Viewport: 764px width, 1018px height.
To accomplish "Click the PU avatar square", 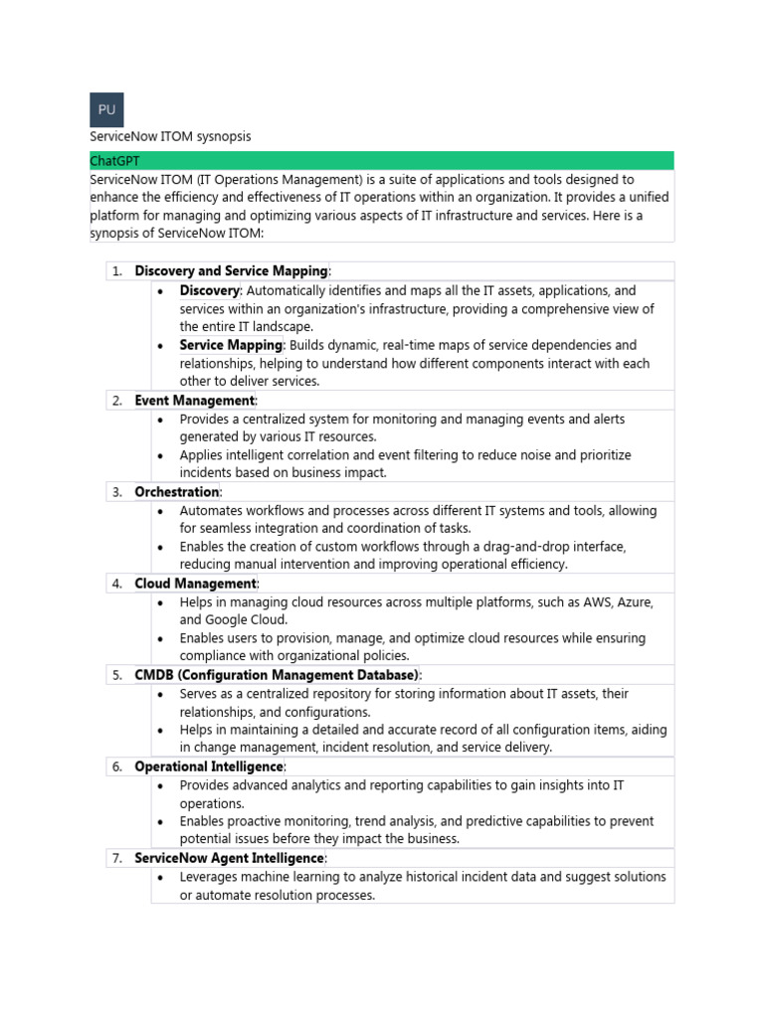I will tap(106, 109).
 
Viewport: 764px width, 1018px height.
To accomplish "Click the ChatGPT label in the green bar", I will tap(116, 161).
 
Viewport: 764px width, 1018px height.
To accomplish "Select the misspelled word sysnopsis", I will tap(222, 136).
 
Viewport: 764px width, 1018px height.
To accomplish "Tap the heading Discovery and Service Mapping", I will tap(231, 271).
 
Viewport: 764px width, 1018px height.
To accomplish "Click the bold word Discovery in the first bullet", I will tap(209, 290).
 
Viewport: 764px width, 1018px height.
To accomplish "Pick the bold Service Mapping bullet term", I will tap(231, 345).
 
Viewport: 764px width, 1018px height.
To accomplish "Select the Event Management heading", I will tap(195, 401).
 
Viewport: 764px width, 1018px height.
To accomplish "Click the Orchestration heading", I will tap(176, 492).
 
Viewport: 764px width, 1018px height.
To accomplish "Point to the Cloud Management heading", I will tap(196, 584).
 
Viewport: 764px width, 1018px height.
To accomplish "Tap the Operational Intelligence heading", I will tap(209, 766).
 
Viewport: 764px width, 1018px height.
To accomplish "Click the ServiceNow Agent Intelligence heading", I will tap(229, 858).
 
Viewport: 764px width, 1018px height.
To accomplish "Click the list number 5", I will tap(116, 675).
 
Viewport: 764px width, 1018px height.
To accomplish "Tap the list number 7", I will tap(116, 858).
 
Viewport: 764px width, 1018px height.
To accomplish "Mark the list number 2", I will tap(116, 401).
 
